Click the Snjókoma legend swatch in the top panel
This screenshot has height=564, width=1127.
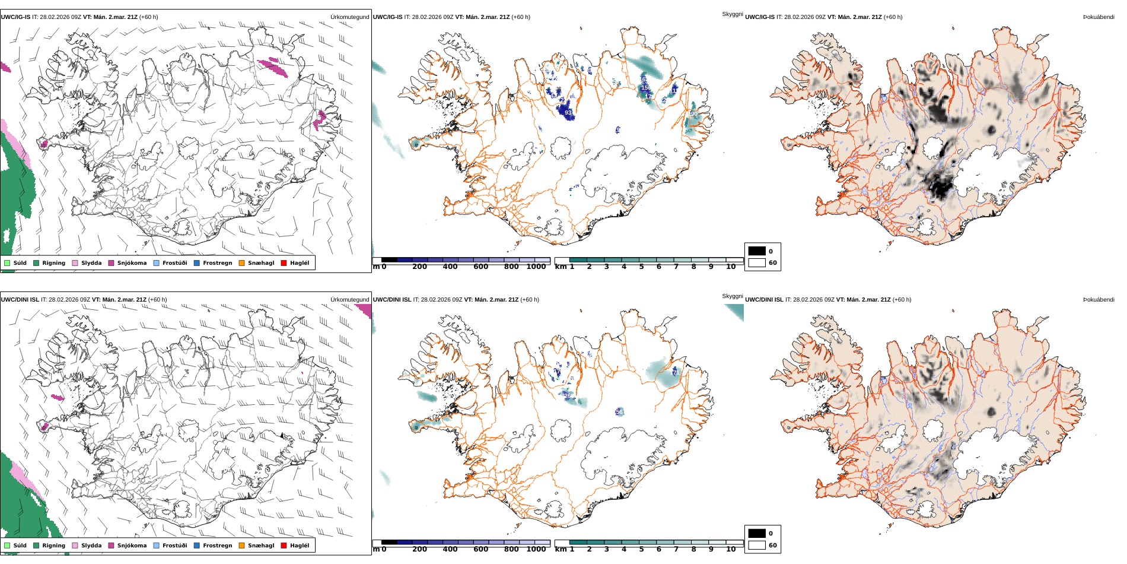(x=111, y=263)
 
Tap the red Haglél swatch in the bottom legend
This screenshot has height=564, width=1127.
(x=284, y=546)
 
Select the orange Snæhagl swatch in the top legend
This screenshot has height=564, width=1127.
(x=241, y=263)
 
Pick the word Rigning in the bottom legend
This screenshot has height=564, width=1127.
(x=53, y=546)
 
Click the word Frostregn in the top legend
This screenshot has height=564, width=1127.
(x=217, y=263)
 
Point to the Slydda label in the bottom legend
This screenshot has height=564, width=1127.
(x=91, y=546)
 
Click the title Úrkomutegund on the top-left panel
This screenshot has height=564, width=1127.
(x=349, y=17)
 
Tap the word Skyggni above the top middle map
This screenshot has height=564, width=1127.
(x=732, y=14)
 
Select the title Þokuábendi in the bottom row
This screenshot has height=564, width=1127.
(x=1099, y=300)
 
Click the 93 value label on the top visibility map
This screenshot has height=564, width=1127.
(x=568, y=113)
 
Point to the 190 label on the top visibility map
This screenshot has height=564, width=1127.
(x=693, y=114)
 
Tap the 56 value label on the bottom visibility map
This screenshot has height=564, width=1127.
(x=619, y=411)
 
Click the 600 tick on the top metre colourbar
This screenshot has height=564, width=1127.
(x=480, y=267)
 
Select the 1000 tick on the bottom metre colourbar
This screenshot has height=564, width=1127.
(x=536, y=550)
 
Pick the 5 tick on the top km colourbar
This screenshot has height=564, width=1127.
(x=641, y=267)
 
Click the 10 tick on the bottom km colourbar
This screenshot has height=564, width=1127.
(x=731, y=550)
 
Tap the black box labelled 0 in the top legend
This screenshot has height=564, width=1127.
(x=757, y=251)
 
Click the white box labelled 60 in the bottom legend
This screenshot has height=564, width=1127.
(x=757, y=545)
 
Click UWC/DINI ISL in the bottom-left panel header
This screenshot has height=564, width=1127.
(x=20, y=300)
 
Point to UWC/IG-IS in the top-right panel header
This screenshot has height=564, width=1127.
(x=759, y=17)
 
